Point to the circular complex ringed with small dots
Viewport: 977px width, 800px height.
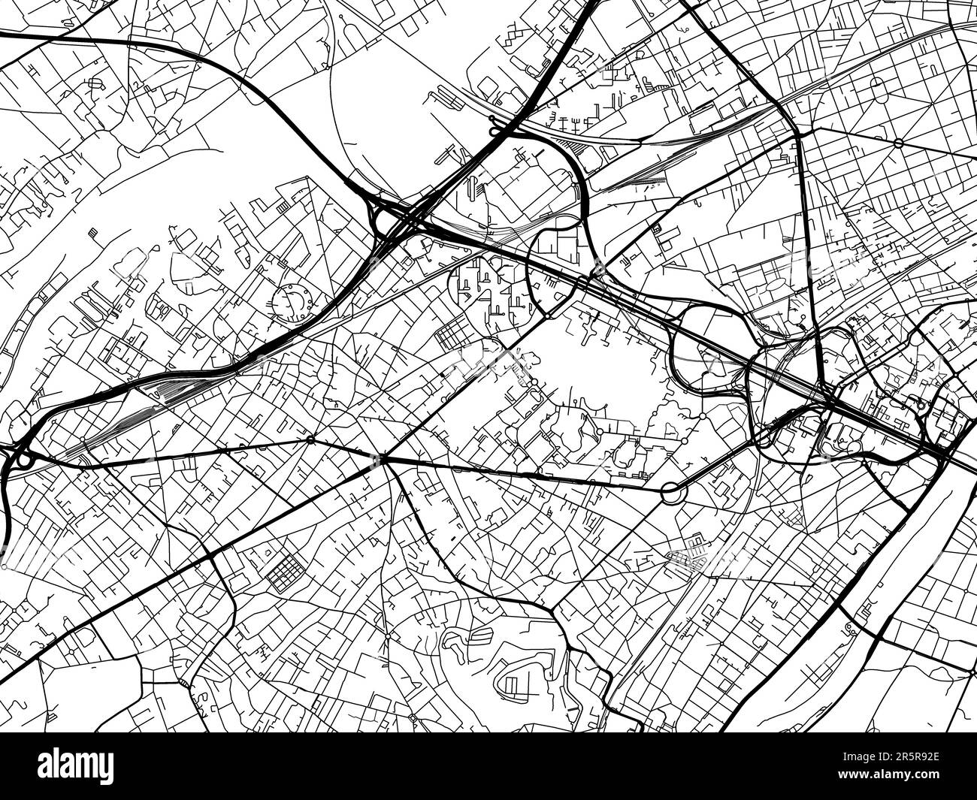coord(292,302)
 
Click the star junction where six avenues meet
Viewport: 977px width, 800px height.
coord(383,457)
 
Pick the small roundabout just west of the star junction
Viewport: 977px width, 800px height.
coord(310,439)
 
